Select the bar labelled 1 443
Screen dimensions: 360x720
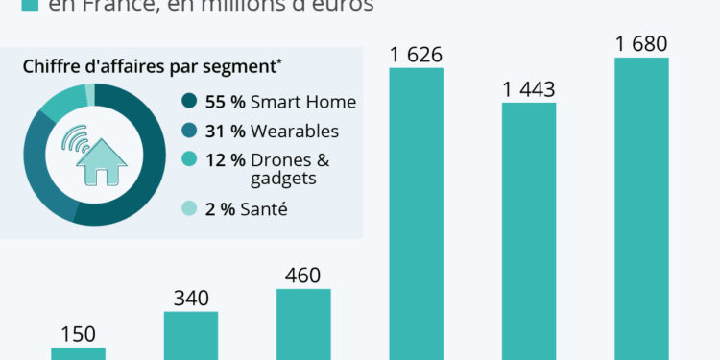click(528, 230)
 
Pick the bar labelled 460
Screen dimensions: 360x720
click(303, 324)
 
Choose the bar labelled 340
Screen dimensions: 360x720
click(191, 335)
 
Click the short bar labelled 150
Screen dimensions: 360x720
click(78, 353)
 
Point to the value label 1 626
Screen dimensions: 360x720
click(416, 54)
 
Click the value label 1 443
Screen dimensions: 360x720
click(528, 89)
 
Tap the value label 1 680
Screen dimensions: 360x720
click(641, 44)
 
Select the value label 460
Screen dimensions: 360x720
click(303, 276)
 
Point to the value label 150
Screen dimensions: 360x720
click(78, 335)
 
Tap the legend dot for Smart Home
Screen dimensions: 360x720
click(188, 102)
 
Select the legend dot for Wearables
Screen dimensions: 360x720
click(188, 132)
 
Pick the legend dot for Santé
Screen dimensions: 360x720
click(188, 209)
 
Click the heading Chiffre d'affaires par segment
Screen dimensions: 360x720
click(151, 66)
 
